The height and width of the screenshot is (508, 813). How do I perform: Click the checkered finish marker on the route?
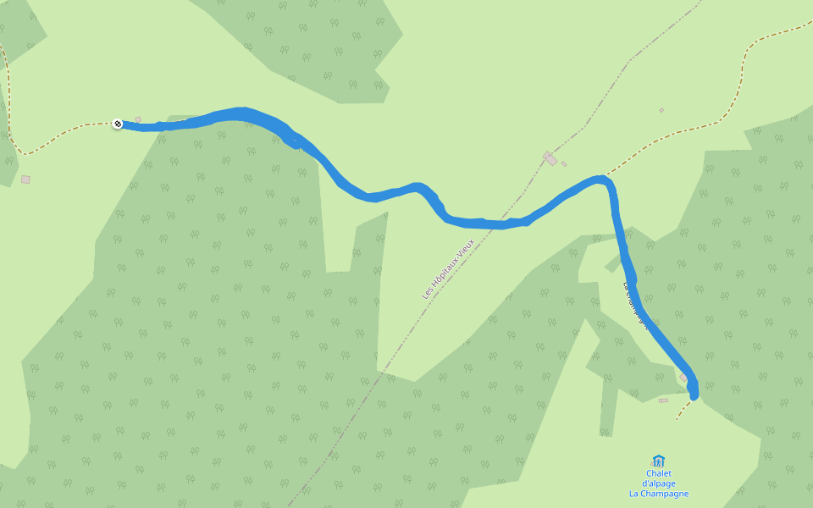[x=118, y=124]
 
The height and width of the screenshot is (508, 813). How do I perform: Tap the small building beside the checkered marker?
[x=138, y=120]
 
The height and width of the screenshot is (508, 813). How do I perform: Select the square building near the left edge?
[x=25, y=179]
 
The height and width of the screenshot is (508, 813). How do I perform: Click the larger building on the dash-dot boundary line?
[x=550, y=158]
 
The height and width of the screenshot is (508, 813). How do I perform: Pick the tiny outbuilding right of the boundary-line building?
[x=564, y=164]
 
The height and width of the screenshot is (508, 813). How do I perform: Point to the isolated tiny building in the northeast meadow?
[x=661, y=110]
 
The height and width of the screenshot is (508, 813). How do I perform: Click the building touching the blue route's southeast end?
[x=684, y=377]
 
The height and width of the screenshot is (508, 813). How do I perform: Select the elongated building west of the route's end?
[x=663, y=400]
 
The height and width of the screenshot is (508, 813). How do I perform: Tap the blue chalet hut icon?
[x=658, y=461]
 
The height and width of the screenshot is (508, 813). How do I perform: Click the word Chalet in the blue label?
[x=658, y=473]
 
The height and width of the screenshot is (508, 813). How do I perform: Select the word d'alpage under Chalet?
[x=658, y=483]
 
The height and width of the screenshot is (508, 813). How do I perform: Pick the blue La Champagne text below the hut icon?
[x=658, y=494]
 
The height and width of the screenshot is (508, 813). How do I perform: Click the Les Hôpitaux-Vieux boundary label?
[x=449, y=268]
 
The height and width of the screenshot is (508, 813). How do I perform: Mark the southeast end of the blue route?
[x=694, y=394]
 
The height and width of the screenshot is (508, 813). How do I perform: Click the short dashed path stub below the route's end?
[x=683, y=411]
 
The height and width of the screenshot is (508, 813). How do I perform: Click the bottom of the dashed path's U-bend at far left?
[x=25, y=154]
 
